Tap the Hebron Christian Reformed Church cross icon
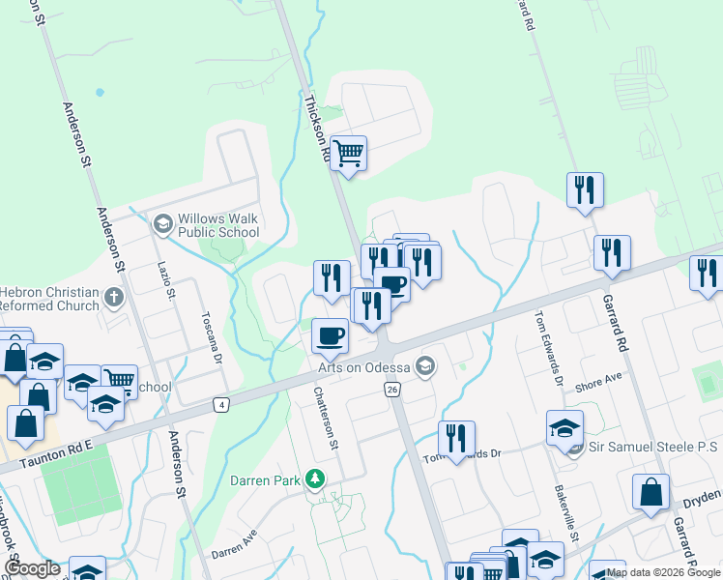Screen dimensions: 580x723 click(x=114, y=296)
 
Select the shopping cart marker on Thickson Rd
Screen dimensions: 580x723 click(x=348, y=153)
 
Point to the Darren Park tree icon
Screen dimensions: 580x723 click(x=313, y=478)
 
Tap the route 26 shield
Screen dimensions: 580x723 click(x=391, y=389)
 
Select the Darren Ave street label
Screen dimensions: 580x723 click(x=235, y=546)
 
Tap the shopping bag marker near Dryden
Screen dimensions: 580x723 click(x=651, y=491)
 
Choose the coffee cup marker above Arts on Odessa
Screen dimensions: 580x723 click(x=331, y=335)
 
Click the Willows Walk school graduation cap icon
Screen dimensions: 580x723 click(x=162, y=224)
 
